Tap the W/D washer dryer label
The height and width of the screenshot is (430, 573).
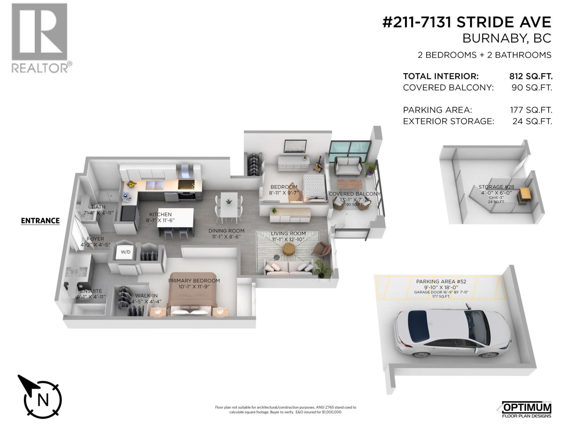(126, 252)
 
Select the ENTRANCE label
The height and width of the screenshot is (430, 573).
(40, 221)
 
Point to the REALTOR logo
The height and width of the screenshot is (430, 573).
(40, 38)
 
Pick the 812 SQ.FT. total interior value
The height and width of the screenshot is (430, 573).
(530, 76)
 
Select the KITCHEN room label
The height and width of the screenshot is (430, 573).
(160, 214)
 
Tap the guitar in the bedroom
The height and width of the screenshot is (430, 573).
(318, 164)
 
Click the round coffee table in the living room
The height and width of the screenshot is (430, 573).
(289, 248)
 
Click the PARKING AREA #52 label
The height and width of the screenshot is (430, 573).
(441, 282)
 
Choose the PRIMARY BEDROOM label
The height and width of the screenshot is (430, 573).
(194, 281)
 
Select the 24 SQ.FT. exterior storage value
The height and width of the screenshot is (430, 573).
(532, 121)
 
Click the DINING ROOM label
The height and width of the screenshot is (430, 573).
(226, 231)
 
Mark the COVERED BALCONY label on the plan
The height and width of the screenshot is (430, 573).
(354, 194)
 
